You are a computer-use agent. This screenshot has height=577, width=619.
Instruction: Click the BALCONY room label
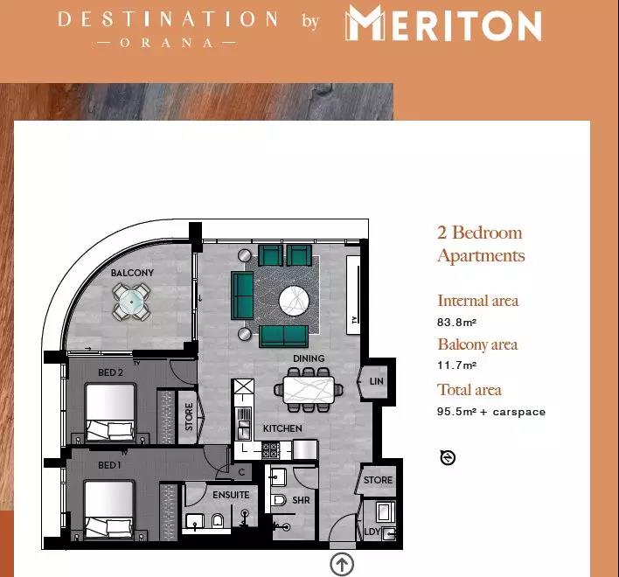pos(132,273)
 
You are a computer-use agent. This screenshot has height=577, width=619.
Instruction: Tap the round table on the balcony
pos(131,302)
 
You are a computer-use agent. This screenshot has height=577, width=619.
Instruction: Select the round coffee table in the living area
pos(294,301)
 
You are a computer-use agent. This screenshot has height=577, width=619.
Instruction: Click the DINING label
pos(309,358)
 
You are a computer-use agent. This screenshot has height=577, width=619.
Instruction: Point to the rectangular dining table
pos(309,390)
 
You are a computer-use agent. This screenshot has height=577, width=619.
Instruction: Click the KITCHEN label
pos(282,428)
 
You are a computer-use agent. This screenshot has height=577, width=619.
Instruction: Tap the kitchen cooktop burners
pos(271,450)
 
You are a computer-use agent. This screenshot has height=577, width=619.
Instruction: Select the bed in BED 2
pos(110,413)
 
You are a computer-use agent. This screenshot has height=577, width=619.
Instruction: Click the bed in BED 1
pos(108,509)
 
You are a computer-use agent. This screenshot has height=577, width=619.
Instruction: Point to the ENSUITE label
pos(231,495)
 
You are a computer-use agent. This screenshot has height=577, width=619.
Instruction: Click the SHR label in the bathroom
pos(301,500)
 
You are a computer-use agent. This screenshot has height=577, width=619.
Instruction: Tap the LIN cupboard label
pos(376,381)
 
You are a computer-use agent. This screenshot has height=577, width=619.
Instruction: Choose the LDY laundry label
pos(372,532)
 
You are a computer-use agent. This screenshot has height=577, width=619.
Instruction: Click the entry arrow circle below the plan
pos(342,564)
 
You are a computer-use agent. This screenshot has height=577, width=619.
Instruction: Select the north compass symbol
pos(448,457)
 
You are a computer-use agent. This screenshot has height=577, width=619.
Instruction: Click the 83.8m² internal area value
pos(456,322)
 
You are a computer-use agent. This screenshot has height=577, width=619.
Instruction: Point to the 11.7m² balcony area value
pos(456,365)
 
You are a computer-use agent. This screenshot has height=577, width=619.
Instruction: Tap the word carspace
pos(519,412)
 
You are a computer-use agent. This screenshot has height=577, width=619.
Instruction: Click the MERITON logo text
pos(444,23)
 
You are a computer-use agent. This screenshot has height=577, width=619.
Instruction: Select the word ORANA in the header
pos(167,43)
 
